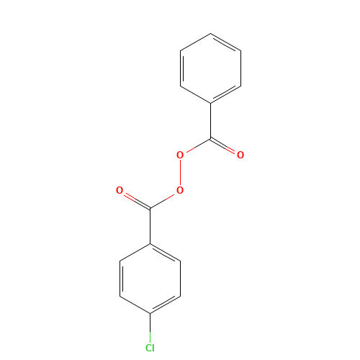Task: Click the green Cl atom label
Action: pyautogui.click(x=150, y=348)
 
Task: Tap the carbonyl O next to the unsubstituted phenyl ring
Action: pyautogui.click(x=240, y=155)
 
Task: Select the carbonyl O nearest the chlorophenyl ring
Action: pyautogui.click(x=120, y=190)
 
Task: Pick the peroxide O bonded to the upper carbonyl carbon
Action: pyautogui.click(x=180, y=155)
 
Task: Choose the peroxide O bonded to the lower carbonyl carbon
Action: pyautogui.click(x=180, y=190)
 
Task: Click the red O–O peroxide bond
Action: pyautogui.click(x=180, y=173)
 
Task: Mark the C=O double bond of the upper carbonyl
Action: pyautogui.click(x=222, y=145)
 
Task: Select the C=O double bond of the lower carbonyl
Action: pyautogui.click(x=137, y=201)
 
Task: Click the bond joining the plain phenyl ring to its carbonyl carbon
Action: pyautogui.click(x=210, y=121)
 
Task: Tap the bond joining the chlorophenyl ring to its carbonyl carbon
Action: pyautogui.click(x=150, y=226)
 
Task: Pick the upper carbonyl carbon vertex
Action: pyautogui.click(x=210, y=138)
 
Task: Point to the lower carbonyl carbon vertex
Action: pyautogui.click(x=150, y=208)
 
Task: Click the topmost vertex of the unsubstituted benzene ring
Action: pyautogui.click(x=210, y=33)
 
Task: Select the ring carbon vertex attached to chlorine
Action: pyautogui.click(x=150, y=313)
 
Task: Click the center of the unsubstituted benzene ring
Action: pyautogui.click(x=210, y=68)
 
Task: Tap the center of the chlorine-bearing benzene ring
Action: pyautogui.click(x=150, y=279)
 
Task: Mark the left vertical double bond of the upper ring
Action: pyautogui.click(x=181, y=68)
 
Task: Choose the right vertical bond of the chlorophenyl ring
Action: pyautogui.click(x=180, y=279)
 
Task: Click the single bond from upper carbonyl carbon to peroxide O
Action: pyautogui.click(x=198, y=145)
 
